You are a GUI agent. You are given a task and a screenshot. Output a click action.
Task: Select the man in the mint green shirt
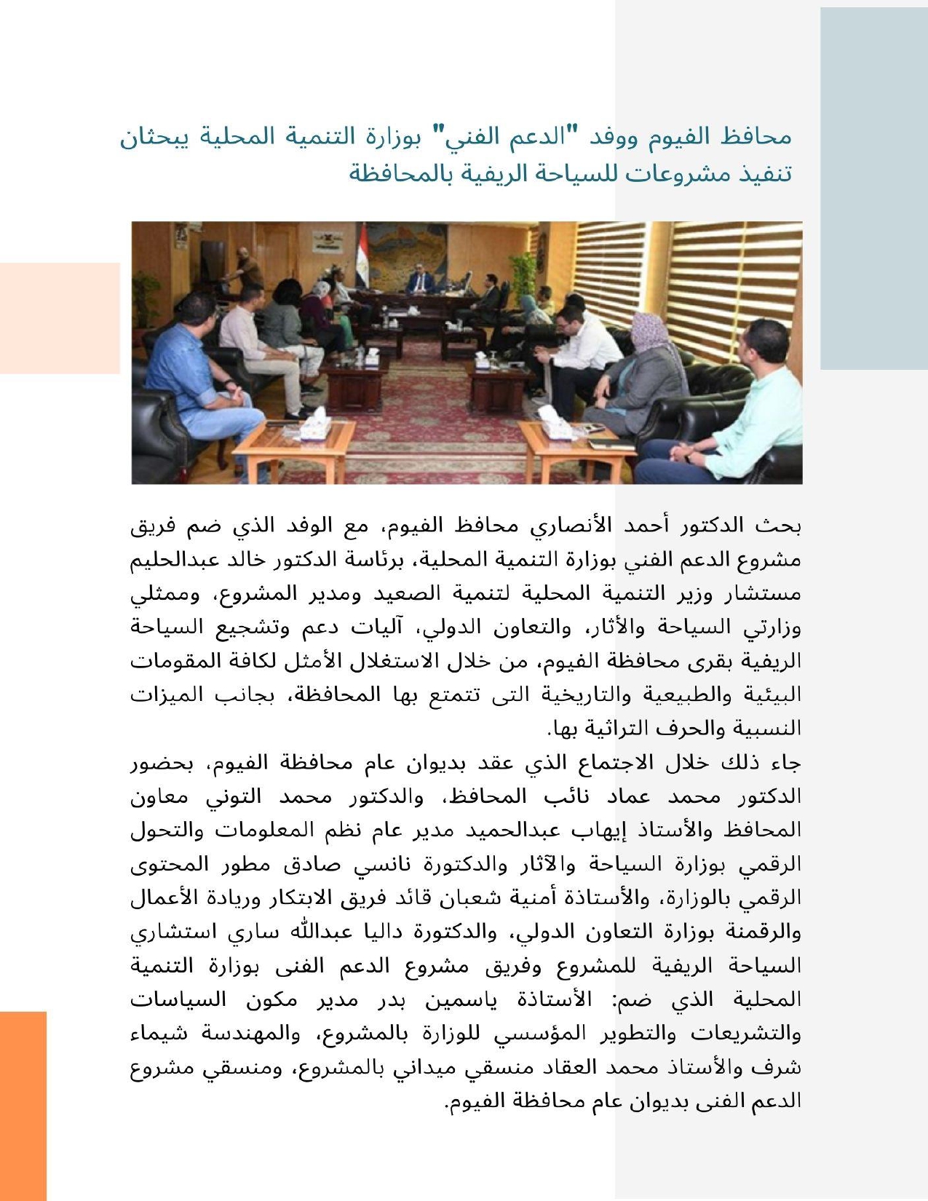tap(757, 408)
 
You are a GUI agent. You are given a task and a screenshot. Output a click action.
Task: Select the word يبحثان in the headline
tap(154, 137)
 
